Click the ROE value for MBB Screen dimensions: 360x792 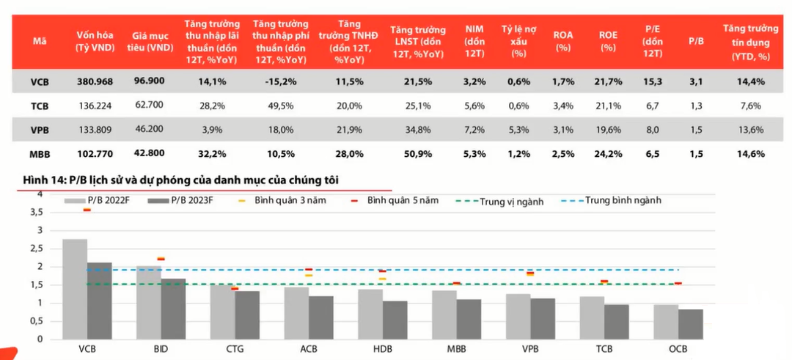tap(608, 154)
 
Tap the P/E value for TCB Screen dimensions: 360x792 tap(651, 106)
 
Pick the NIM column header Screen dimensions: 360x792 tap(474, 40)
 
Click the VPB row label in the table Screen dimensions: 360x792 tap(40, 130)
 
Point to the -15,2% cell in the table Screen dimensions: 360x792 tap(278, 81)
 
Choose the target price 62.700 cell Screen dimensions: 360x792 tap(149, 106)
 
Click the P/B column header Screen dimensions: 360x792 tap(696, 41)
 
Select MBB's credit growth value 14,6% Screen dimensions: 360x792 tap(750, 154)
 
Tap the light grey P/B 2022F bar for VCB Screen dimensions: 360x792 tap(75, 289)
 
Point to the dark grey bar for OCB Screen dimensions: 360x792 tap(690, 324)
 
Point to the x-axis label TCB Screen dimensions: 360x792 tap(604, 349)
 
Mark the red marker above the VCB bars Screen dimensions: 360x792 tap(87, 210)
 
